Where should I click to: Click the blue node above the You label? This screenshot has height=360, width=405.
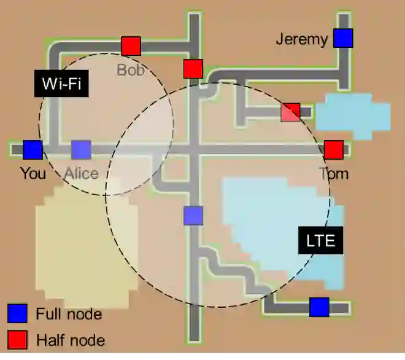[x=33, y=150]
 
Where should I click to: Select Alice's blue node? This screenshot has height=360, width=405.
[x=81, y=150]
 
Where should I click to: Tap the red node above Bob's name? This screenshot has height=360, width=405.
[x=131, y=46]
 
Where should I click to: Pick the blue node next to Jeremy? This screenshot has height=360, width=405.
[x=343, y=38]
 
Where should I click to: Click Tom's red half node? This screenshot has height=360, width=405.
[x=333, y=150]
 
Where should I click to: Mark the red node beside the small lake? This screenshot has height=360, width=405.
[x=290, y=112]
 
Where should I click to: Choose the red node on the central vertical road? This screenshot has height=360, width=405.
[x=193, y=69]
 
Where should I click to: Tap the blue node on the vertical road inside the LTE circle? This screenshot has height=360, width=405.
[x=193, y=216]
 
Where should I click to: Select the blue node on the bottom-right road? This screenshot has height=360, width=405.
[x=319, y=307]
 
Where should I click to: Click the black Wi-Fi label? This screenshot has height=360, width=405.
[x=61, y=83]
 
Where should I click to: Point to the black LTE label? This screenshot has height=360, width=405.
[x=320, y=240]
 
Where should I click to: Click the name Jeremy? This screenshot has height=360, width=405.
[x=301, y=39]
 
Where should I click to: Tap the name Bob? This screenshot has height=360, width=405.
[x=130, y=69]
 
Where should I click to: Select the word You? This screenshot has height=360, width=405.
[x=33, y=173]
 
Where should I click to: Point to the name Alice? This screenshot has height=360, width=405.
[x=81, y=173]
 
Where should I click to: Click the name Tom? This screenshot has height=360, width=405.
[x=333, y=173]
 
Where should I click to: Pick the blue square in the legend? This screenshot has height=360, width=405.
[x=17, y=314]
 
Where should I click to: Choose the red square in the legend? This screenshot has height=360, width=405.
[x=17, y=340]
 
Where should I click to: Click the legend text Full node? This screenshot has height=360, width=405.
[x=68, y=315]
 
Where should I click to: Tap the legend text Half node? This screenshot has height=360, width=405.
[x=70, y=340]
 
